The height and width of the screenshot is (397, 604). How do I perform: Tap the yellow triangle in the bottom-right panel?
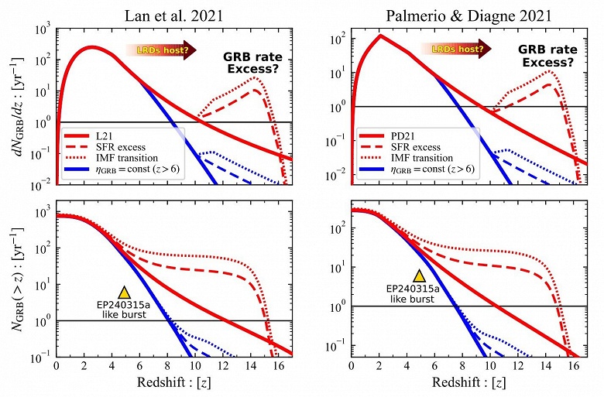pos(419,276)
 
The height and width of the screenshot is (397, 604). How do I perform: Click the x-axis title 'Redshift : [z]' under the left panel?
pos(175,384)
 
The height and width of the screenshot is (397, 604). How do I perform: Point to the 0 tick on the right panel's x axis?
pos(352,367)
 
